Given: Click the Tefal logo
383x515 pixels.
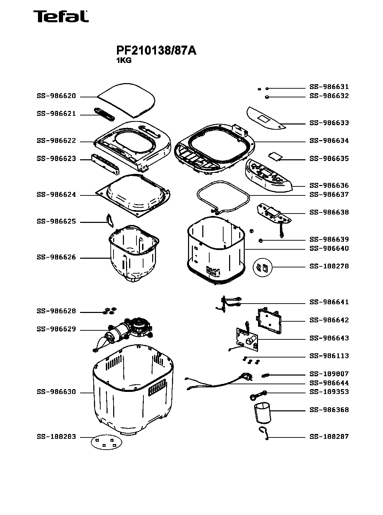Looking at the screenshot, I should click(61, 16).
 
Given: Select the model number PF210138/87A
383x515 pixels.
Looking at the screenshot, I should click(156, 51).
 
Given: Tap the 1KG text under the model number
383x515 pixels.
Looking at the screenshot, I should click(124, 60).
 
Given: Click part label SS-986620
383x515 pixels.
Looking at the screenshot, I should click(56, 96).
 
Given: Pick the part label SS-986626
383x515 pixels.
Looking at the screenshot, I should click(56, 258).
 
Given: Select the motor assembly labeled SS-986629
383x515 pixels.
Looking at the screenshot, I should click(129, 331).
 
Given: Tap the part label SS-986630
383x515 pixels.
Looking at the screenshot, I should click(56, 392).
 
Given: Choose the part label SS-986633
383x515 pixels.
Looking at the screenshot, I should click(329, 123).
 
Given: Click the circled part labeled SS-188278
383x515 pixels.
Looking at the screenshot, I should click(263, 267).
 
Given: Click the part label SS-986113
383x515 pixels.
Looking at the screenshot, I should click(329, 356).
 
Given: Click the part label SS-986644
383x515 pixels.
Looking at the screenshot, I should click(329, 383).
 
